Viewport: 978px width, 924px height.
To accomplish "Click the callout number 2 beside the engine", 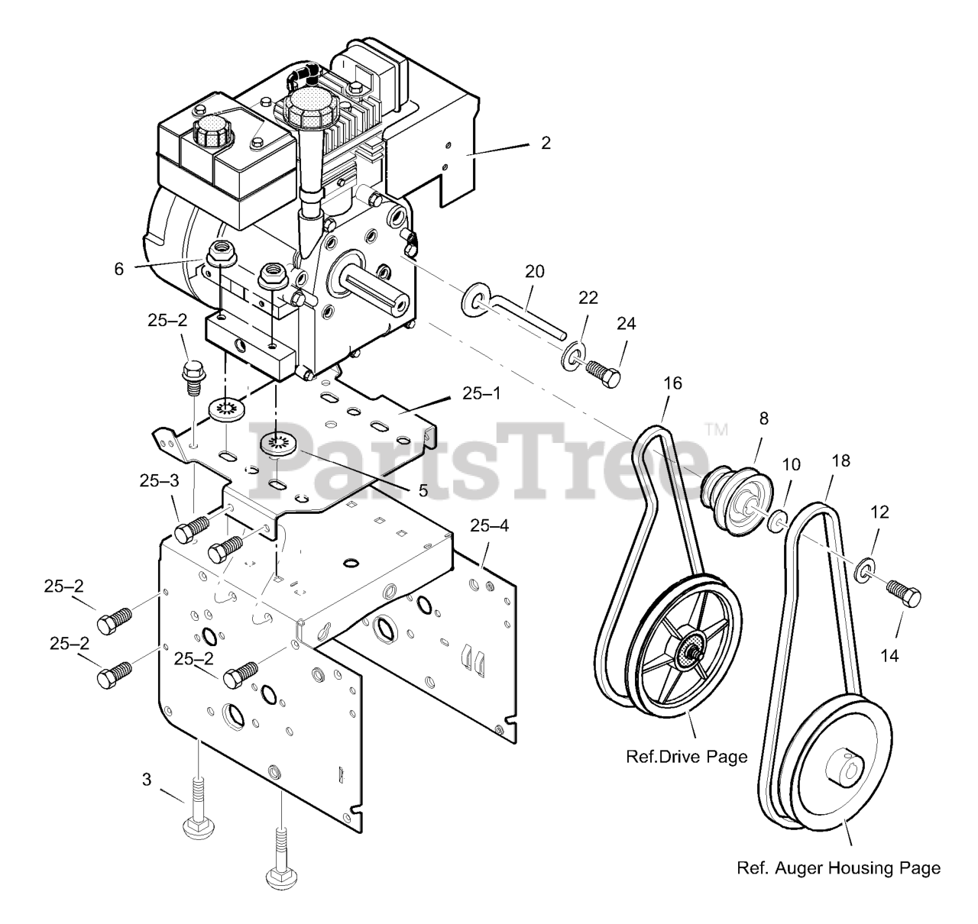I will (x=545, y=143).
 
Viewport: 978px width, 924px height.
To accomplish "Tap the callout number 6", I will (x=118, y=269).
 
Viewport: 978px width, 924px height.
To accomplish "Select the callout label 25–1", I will (x=481, y=394).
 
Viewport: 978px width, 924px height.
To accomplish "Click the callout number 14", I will (x=890, y=654).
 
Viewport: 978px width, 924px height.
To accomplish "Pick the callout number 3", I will (x=146, y=780).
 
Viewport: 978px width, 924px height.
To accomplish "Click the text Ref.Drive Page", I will (x=686, y=757).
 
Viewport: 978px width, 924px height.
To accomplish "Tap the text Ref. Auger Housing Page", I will (x=838, y=868).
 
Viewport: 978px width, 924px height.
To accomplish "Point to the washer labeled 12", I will (x=865, y=570).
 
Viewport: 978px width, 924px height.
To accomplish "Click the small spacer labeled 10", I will (x=778, y=522).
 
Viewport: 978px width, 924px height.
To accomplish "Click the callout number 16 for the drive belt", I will (x=672, y=383).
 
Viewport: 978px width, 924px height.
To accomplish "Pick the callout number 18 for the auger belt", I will (x=841, y=460).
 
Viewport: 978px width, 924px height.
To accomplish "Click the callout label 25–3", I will (x=160, y=480).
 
